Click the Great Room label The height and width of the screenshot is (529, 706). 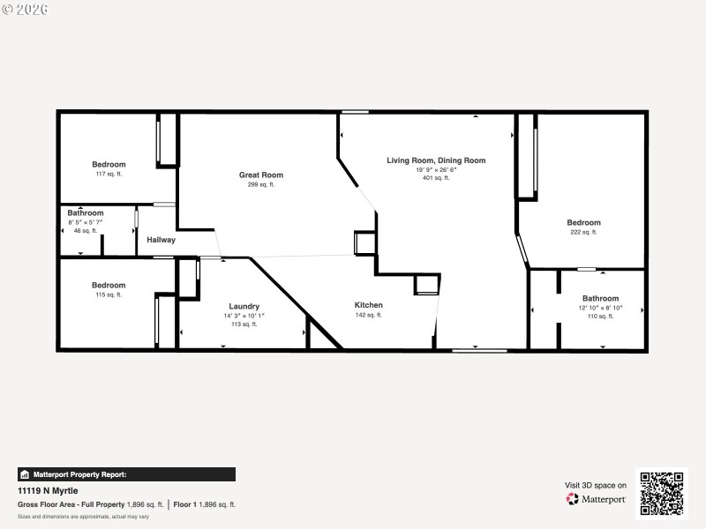[260, 175]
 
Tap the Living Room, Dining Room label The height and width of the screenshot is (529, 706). [436, 160]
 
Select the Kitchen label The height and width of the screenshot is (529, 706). [368, 305]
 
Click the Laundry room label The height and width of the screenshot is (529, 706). [244, 306]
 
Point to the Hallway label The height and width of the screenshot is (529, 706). [161, 240]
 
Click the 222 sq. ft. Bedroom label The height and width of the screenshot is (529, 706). [583, 223]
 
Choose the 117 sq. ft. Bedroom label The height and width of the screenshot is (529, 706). [109, 164]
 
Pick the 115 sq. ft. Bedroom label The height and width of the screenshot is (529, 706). [109, 285]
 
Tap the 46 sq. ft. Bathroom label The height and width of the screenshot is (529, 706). [86, 212]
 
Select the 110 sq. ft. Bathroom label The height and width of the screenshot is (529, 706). [600, 299]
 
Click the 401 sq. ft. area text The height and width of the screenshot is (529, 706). [436, 178]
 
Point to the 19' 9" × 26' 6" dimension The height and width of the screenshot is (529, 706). [436, 169]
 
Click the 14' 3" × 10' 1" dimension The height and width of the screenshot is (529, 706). [244, 316]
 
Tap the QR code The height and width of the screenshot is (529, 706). [661, 494]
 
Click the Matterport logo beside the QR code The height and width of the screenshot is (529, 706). [597, 499]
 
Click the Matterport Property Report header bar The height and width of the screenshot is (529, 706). [126, 474]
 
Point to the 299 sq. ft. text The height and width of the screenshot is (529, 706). [260, 184]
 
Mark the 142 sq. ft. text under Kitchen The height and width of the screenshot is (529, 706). [368, 315]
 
